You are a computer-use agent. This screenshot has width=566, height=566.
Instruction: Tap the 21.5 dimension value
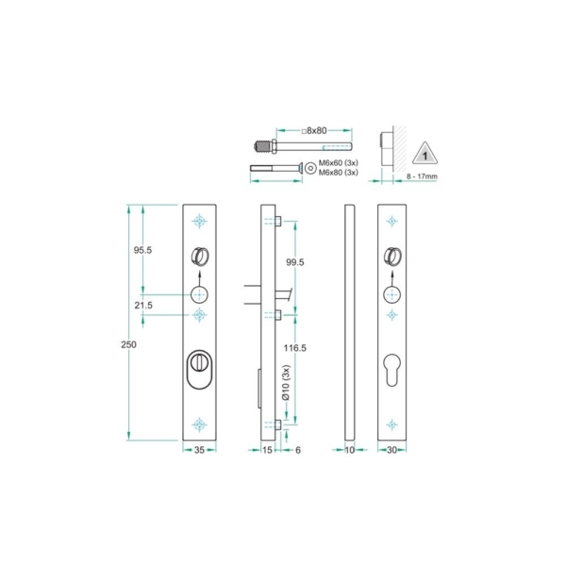pyautogui.click(x=143, y=306)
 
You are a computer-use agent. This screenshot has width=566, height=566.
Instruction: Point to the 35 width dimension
pyautogui.click(x=199, y=451)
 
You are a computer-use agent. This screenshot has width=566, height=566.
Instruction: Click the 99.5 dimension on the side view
pyautogui.click(x=294, y=263)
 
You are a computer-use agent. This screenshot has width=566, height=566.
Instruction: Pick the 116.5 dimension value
pyautogui.click(x=294, y=348)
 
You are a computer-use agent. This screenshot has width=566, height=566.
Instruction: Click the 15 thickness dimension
pyautogui.click(x=267, y=451)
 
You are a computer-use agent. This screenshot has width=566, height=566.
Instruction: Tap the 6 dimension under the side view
pyautogui.click(x=297, y=451)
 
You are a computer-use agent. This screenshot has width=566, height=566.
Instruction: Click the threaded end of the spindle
pyautogui.click(x=260, y=148)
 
